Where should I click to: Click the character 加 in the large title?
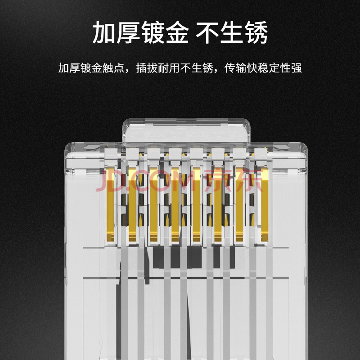click(104, 32)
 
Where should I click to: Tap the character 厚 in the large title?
click(129, 32)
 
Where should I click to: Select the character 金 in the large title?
click(177, 32)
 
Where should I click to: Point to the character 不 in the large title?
click(207, 32)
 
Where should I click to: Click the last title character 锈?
click(256, 32)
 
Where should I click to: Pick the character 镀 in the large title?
click(153, 32)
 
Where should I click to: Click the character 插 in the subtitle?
click(141, 68)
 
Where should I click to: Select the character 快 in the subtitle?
click(252, 68)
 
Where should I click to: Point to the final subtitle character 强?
click(296, 68)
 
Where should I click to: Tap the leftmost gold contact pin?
click(110, 205)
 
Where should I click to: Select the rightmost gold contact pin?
click(265, 205)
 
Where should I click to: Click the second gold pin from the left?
click(132, 205)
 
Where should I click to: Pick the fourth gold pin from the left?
click(175, 205)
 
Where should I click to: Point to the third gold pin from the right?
click(218, 205)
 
